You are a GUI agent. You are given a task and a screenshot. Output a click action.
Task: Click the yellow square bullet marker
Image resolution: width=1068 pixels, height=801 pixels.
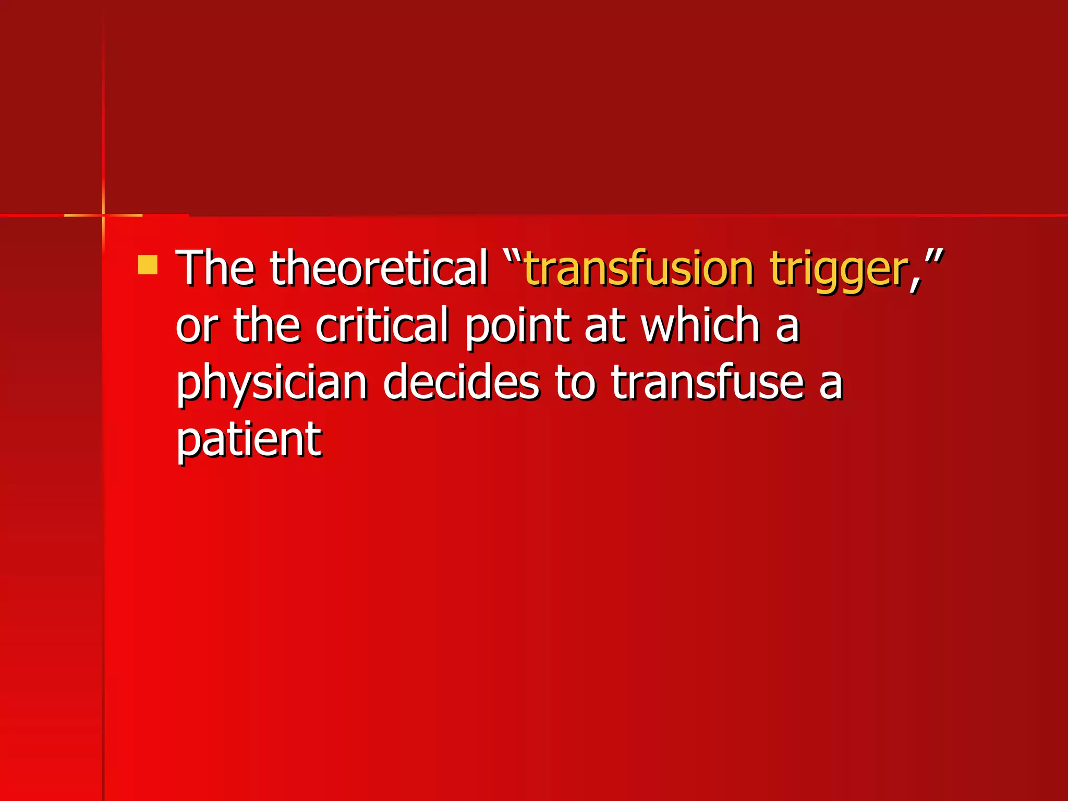[148, 264]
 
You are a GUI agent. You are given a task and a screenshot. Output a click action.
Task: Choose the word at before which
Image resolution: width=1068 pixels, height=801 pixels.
[605, 326]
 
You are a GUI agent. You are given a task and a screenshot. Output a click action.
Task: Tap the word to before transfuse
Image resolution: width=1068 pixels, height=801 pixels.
[575, 383]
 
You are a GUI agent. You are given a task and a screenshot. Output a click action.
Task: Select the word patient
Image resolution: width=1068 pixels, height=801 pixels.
[249, 441]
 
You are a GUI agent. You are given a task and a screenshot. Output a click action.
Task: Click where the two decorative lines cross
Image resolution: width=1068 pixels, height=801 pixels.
[103, 215]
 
